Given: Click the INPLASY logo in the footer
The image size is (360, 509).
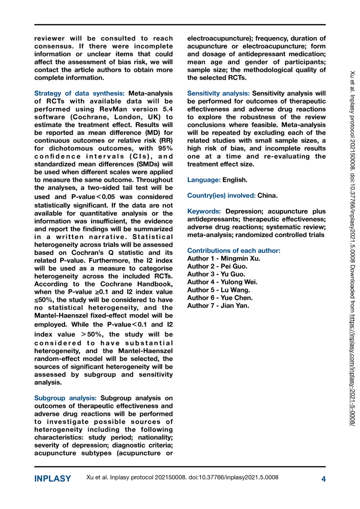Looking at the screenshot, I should click(52, 479).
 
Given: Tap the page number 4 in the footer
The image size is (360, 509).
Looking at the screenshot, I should click(323, 479).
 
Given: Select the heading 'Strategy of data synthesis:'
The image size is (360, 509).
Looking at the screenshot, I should click(79, 93).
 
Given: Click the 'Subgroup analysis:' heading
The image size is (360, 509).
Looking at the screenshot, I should click(65, 398).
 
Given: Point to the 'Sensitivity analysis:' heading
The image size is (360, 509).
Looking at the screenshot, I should click(218, 93).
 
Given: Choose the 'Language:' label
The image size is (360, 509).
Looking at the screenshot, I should click(204, 180).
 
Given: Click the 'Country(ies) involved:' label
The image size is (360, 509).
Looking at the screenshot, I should click(221, 196).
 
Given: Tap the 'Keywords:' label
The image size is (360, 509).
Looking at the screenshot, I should click(204, 211).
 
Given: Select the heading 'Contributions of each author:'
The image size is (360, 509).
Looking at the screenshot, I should click(233, 251).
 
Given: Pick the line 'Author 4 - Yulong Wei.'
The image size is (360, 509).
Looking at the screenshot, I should click(222, 282).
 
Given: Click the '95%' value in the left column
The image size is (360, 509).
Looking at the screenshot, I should click(165, 148).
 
